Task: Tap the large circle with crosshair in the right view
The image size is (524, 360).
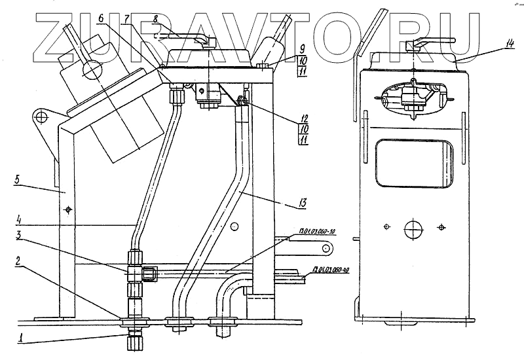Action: pos(413,229)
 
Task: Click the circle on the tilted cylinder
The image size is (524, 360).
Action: pos(91,69)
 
